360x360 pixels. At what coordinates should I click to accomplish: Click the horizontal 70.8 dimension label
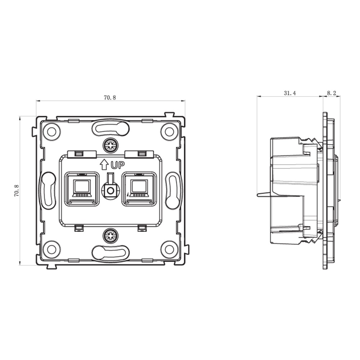coord(110,98)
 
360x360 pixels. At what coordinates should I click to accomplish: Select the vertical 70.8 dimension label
coord(17,191)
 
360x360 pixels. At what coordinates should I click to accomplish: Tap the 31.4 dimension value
coord(290,93)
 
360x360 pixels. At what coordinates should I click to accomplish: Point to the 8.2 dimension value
coord(331,93)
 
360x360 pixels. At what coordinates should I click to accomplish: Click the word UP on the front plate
coord(117,165)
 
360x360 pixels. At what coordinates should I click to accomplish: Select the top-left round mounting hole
coord(51,131)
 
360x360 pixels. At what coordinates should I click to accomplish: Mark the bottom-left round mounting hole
coord(51,249)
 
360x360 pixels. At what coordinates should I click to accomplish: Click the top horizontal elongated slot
coord(111,128)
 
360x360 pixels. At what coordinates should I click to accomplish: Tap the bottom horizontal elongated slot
coord(111,253)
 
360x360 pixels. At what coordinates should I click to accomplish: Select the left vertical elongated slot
coord(48,190)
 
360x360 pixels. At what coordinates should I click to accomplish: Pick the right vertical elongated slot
coord(173,190)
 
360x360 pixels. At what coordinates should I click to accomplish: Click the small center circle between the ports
coord(110,191)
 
